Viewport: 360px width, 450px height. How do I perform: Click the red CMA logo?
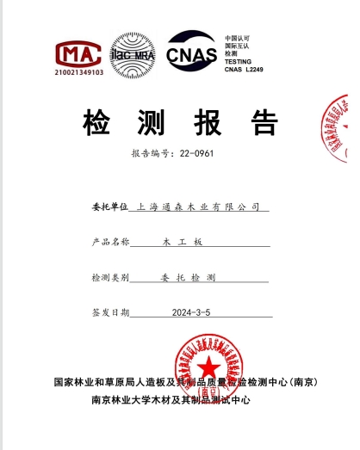click(79, 53)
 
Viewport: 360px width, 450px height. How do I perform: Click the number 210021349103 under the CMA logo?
click(79, 73)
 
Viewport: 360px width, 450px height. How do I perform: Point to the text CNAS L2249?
click(245, 70)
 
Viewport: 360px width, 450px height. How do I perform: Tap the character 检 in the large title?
click(96, 123)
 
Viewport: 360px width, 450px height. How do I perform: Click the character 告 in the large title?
click(264, 123)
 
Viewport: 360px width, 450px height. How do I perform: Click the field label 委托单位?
click(109, 207)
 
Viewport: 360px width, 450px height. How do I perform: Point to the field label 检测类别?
click(110, 279)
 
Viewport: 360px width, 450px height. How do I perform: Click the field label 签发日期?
click(110, 312)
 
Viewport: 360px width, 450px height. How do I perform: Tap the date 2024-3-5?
click(190, 312)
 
